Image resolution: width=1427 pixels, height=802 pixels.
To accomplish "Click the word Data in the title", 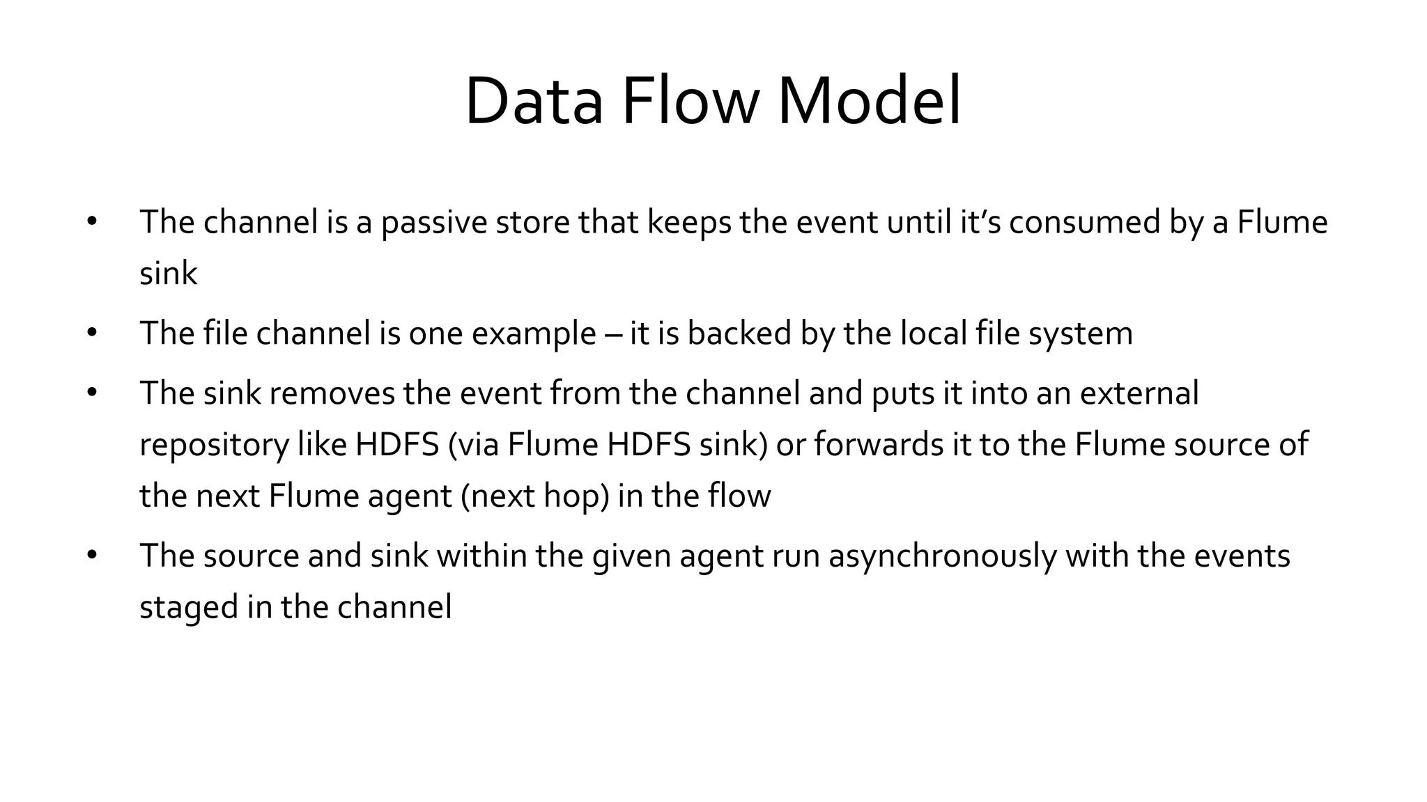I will point(534,102).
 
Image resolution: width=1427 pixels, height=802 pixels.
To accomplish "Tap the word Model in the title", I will point(869,102).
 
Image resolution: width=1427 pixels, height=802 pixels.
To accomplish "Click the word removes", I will point(332,393).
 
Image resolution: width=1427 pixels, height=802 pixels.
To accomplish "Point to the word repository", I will point(214,446).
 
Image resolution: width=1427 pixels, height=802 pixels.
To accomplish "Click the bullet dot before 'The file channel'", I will point(92,333).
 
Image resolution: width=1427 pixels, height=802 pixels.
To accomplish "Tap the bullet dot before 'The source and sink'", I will point(92,556).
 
